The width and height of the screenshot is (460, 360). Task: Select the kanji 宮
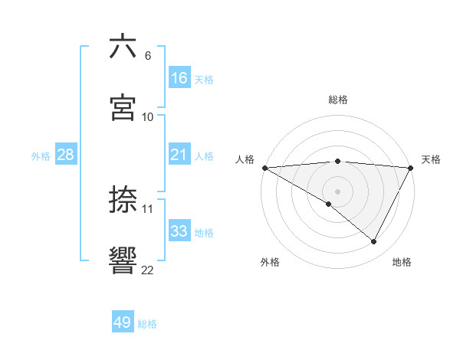coord(123,107)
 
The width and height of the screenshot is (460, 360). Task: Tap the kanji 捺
coord(123,199)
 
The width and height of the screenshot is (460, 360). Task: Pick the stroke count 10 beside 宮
coord(148,117)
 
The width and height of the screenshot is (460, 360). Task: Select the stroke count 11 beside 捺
coord(148,208)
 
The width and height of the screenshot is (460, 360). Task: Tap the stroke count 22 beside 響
coord(148,270)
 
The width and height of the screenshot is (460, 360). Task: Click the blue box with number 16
coord(179,78)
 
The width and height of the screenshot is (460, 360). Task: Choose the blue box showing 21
coord(179,155)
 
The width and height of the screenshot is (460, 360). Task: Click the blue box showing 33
coord(179,231)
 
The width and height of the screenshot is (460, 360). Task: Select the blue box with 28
coord(66,155)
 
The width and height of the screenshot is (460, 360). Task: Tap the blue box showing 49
coord(123,322)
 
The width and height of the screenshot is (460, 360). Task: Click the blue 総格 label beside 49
coord(147,324)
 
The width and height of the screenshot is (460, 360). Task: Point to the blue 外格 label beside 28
coord(41,156)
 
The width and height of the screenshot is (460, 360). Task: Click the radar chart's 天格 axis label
coord(431,159)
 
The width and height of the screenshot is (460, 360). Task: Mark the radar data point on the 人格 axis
coord(264,167)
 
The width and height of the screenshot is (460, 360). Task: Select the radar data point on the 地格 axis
coord(374,242)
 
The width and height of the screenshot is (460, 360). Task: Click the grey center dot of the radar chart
coord(337,191)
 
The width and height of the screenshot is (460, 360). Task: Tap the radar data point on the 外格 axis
coord(329,205)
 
